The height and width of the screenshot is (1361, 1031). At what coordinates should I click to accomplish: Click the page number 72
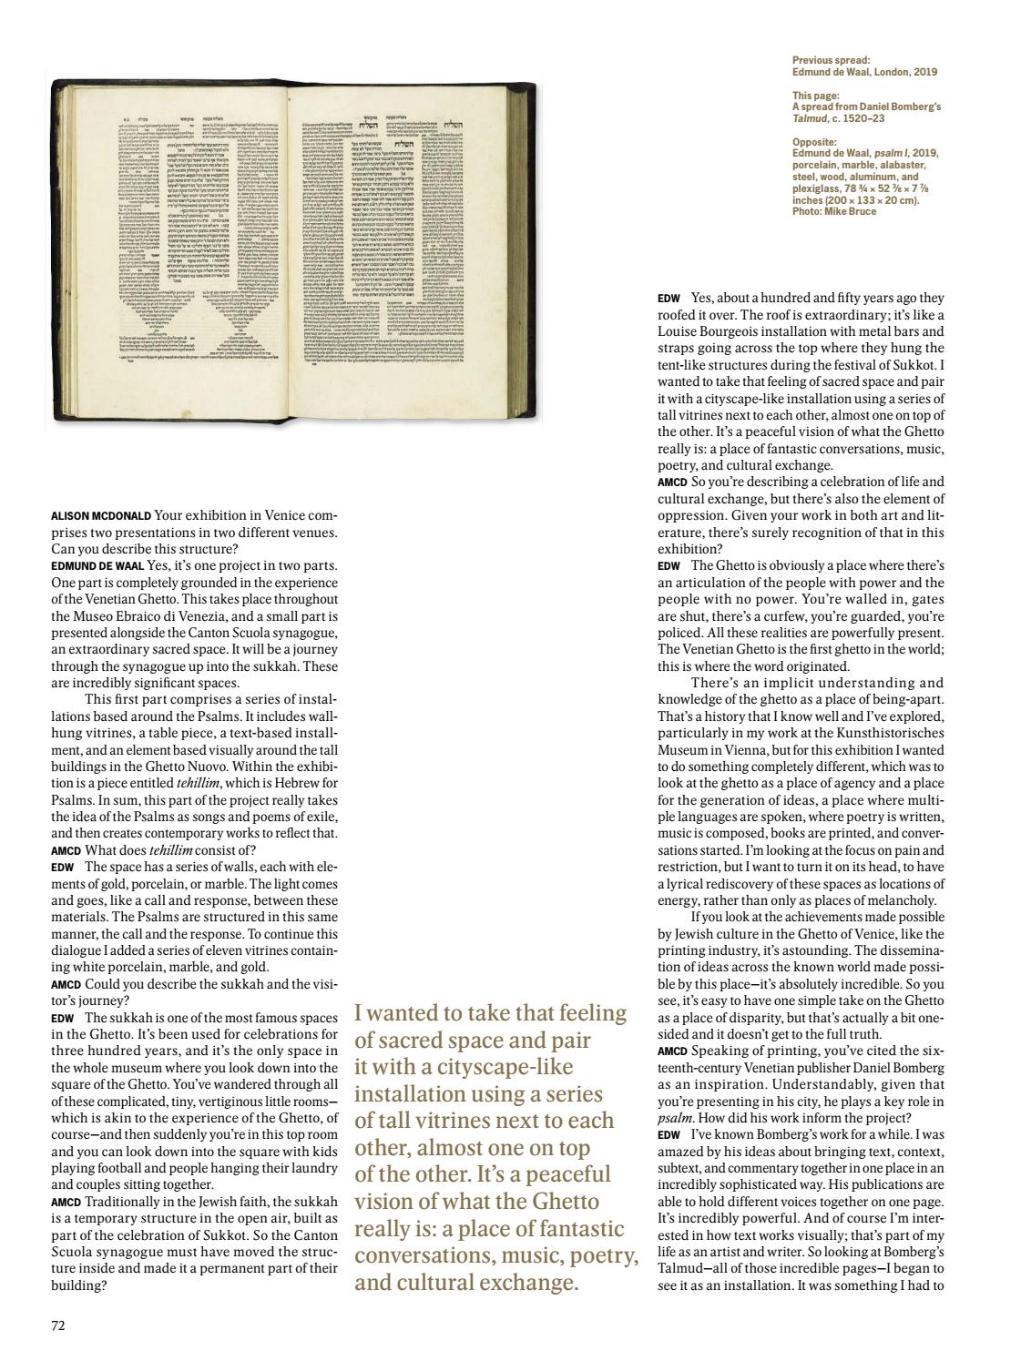[58, 1325]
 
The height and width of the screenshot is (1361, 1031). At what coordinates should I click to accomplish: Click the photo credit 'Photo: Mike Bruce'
[834, 211]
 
